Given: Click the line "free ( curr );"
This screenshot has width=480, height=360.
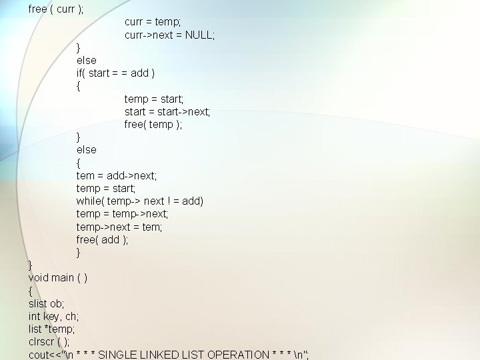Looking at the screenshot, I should pyautogui.click(x=56, y=9).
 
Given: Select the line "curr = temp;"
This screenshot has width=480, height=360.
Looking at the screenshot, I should pyautogui.click(x=153, y=22).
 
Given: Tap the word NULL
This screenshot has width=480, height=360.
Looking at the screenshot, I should pyautogui.click(x=199, y=35).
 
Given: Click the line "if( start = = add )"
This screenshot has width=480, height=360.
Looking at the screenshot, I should pyautogui.click(x=115, y=73).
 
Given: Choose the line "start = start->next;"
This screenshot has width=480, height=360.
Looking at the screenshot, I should pyautogui.click(x=167, y=111).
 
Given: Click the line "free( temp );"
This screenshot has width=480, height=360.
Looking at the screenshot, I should pyautogui.click(x=153, y=124).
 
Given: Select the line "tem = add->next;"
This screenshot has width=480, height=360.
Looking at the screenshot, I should pyautogui.click(x=117, y=175).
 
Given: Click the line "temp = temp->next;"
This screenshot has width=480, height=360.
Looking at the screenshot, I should pyautogui.click(x=122, y=213).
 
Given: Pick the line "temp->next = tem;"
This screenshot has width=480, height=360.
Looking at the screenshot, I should pyautogui.click(x=119, y=227).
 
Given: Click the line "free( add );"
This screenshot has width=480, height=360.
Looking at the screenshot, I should pyautogui.click(x=102, y=239).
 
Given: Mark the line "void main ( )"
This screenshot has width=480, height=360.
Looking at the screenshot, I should pyautogui.click(x=57, y=277).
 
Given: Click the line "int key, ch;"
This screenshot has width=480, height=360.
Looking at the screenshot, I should pyautogui.click(x=53, y=316).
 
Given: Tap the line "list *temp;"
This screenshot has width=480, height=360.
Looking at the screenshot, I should pyautogui.click(x=52, y=329).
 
